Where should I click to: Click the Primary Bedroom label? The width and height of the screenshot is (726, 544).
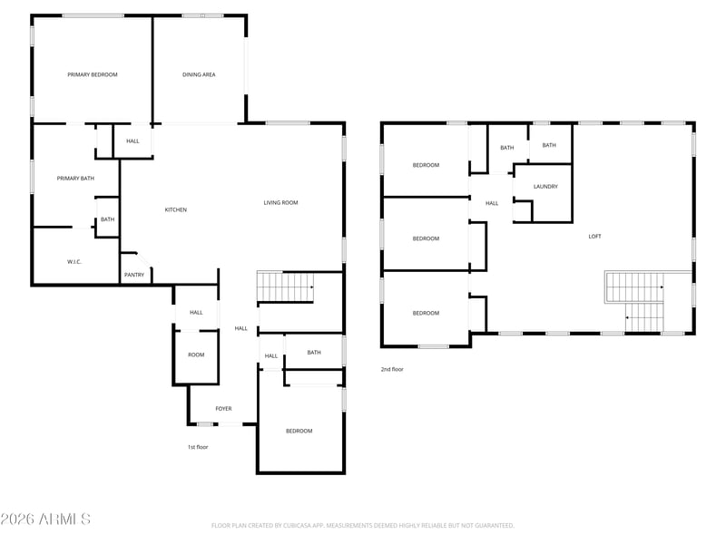93,74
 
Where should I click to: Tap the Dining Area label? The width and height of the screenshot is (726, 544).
199,74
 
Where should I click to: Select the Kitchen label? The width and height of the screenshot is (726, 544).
176,210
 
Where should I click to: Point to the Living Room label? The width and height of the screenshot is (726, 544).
280,202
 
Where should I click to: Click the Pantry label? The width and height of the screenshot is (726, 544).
134,275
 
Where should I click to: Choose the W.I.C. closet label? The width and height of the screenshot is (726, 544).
74,262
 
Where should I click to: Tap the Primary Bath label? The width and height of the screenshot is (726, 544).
75,178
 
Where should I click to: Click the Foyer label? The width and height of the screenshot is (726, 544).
223,409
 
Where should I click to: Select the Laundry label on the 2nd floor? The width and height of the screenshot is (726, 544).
545,187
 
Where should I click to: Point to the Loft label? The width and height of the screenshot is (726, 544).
594,237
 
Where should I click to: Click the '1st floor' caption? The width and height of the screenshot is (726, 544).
198,447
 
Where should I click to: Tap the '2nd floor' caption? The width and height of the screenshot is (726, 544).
392,369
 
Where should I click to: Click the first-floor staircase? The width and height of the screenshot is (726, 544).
285,287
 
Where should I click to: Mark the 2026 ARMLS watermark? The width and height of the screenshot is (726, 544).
45,519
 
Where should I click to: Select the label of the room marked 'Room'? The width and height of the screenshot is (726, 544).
196,355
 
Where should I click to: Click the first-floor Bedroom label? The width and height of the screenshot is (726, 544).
299,432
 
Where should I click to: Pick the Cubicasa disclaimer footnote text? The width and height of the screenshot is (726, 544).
362,526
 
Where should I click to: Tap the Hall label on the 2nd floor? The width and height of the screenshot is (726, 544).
492,203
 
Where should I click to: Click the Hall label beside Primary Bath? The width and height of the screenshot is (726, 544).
132,141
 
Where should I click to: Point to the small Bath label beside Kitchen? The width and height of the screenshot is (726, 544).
107,219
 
